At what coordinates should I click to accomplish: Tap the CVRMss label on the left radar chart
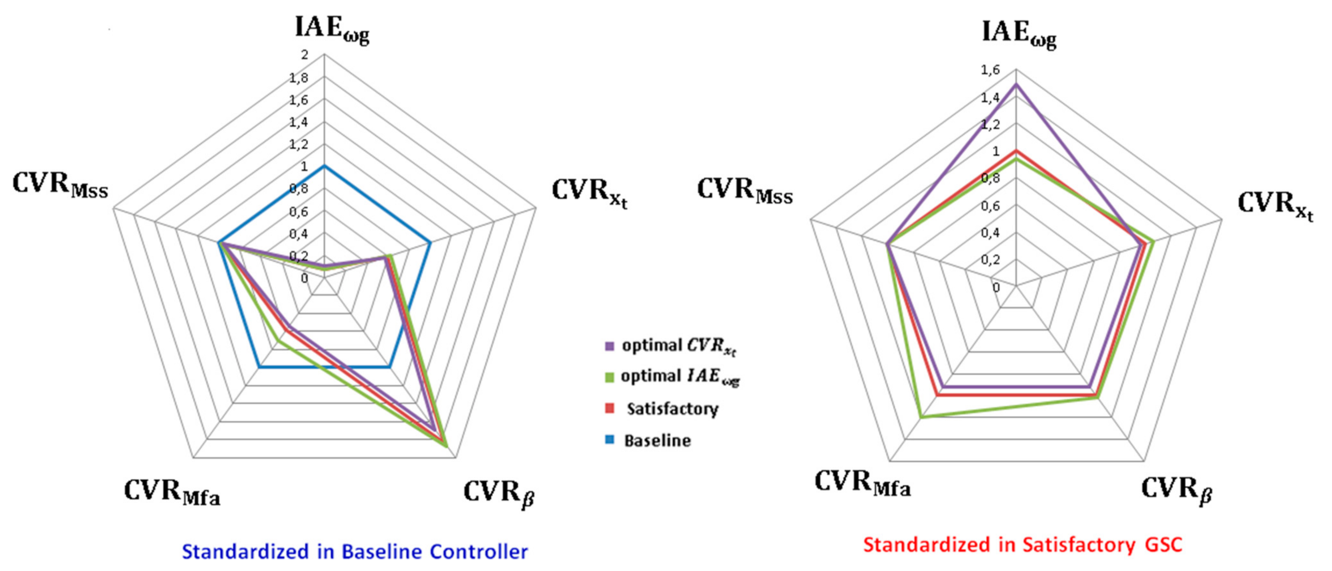60,186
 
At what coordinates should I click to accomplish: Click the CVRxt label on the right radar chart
1275,204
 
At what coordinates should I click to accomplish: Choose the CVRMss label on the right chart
745,191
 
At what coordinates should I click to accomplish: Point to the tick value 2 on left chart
305,55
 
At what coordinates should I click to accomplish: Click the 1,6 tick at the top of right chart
990,70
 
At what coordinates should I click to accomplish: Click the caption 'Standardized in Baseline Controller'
355,551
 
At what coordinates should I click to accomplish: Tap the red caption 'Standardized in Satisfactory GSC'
1023,545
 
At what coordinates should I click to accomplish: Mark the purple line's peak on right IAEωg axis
1016,84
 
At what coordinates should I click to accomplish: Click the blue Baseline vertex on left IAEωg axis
324,166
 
